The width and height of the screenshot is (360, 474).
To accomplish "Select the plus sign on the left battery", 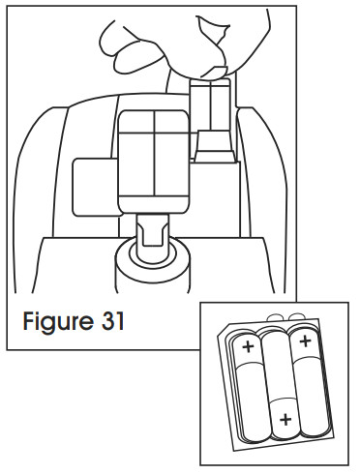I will (248, 346).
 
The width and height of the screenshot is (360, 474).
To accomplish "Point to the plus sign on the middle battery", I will (284, 419).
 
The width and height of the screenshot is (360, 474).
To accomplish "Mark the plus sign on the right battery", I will (306, 341).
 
